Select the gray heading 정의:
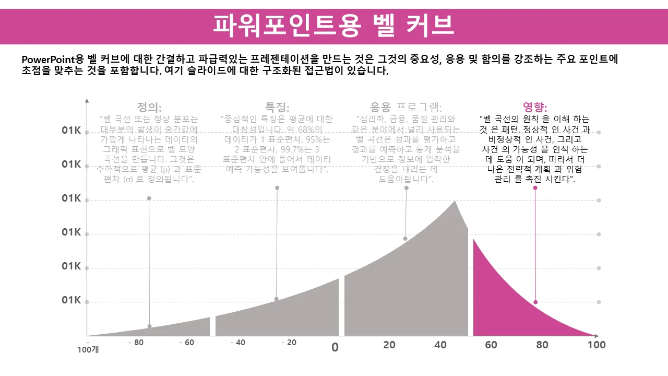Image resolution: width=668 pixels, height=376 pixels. pos(149,108)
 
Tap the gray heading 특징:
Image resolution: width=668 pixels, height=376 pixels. pos(277,108)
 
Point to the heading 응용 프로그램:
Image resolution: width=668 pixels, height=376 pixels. pos(406,108)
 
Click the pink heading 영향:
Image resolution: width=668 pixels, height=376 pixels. pos(535,108)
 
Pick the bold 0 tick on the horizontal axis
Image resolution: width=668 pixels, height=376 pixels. pos(335,347)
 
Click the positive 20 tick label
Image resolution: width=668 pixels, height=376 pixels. pos(389,345)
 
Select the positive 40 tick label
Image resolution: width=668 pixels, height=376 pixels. pos(440,345)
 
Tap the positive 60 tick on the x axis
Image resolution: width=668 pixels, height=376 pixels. pos(491,345)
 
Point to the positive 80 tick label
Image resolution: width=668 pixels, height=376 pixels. pos(542,345)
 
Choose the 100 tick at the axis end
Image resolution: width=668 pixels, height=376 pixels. pos(596,345)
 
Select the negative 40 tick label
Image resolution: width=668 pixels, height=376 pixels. pos(237,343)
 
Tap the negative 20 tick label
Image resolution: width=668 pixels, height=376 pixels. pos(289,343)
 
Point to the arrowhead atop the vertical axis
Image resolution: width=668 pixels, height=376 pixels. pos(87,100)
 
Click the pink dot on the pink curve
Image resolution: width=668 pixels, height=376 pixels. pos(535,302)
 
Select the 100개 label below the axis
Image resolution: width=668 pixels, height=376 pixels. pos(88,350)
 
